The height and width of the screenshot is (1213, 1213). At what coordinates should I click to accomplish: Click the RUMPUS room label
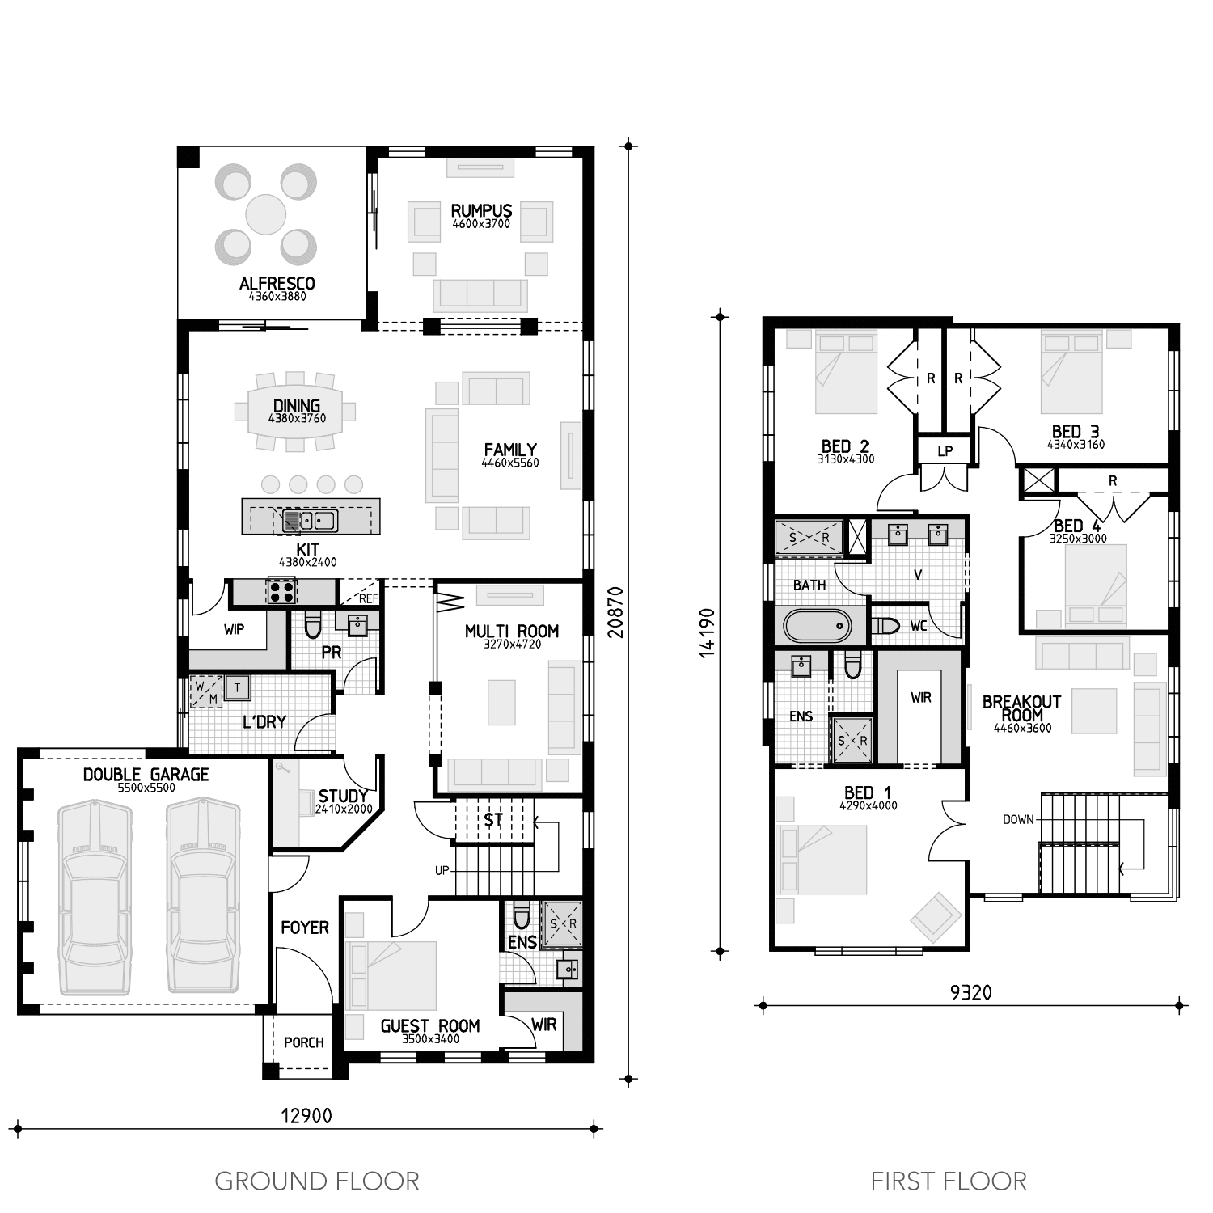pyautogui.click(x=481, y=211)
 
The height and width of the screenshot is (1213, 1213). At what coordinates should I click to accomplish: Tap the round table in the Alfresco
pyautogui.click(x=265, y=214)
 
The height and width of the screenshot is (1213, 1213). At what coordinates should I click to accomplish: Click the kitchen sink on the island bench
pyautogui.click(x=311, y=519)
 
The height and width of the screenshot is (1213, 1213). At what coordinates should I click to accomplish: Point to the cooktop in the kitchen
pyautogui.click(x=281, y=591)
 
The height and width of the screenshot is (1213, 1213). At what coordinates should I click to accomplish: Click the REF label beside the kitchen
pyautogui.click(x=368, y=599)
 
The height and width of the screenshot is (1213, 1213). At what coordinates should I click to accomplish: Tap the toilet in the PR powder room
pyautogui.click(x=313, y=625)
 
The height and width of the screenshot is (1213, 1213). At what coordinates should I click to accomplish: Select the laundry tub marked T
pyautogui.click(x=237, y=688)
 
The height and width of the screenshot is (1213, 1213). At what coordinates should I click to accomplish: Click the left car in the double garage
pyautogui.click(x=94, y=898)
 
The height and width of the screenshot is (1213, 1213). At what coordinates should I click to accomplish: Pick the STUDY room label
pyautogui.click(x=343, y=796)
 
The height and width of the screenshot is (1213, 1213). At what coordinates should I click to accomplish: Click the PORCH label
pyautogui.click(x=304, y=1042)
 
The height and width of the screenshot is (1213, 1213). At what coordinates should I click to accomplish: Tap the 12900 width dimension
pyautogui.click(x=306, y=1116)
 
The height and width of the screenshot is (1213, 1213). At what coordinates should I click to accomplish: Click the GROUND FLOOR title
pyautogui.click(x=317, y=1181)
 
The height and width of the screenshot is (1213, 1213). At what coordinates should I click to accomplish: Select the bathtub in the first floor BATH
pyautogui.click(x=818, y=626)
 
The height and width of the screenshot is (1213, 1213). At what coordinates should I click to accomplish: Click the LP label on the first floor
pyautogui.click(x=945, y=451)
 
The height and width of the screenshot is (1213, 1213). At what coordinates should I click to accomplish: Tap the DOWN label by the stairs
pyautogui.click(x=1018, y=819)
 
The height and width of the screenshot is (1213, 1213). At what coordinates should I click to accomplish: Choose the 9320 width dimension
pyautogui.click(x=970, y=992)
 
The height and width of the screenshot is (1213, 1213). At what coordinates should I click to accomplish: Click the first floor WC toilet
pyautogui.click(x=887, y=626)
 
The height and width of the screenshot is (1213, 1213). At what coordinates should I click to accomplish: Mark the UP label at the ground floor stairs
pyautogui.click(x=442, y=871)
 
